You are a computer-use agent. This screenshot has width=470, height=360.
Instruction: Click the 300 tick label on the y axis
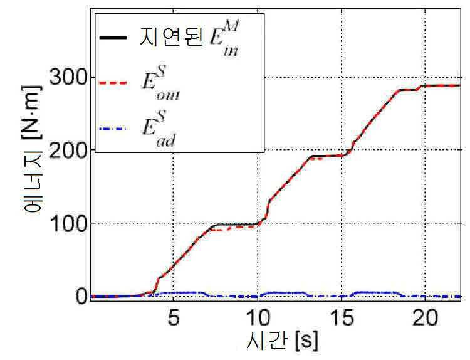point(68,77)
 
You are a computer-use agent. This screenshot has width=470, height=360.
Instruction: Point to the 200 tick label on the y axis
point(68,149)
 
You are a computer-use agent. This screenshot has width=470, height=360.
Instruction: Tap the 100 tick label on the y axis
point(68,223)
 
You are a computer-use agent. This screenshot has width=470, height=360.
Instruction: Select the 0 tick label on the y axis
point(81,296)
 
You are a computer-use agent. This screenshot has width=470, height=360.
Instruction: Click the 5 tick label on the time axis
point(174,318)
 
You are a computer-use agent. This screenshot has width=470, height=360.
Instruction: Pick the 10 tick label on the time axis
point(258,318)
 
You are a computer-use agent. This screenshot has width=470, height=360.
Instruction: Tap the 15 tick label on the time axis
point(342,318)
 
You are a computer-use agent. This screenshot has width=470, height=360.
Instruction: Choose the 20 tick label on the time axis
point(425,318)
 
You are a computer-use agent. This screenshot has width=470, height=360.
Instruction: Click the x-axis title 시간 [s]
point(281,341)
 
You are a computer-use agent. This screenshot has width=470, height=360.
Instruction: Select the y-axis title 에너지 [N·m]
point(33,149)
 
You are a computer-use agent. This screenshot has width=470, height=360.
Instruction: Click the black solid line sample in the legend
point(113,38)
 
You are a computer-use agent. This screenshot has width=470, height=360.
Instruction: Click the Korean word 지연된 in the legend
point(170,37)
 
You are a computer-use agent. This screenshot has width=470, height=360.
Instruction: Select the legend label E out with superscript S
point(161,82)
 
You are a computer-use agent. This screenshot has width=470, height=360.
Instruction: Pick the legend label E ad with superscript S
point(159,129)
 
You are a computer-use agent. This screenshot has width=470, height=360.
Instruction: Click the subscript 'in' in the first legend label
point(231,51)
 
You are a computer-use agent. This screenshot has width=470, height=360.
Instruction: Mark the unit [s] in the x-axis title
point(306,341)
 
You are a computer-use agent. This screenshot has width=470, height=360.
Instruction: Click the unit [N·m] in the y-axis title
point(33,112)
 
